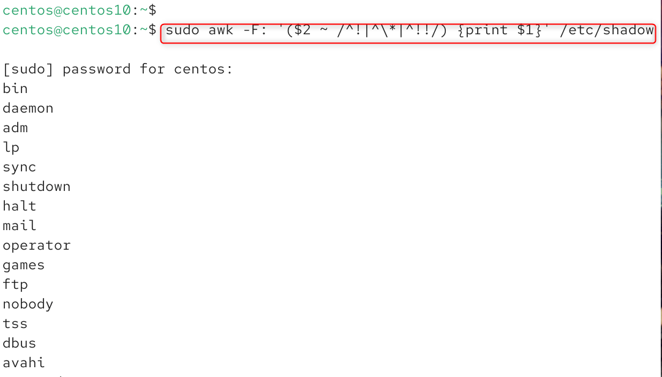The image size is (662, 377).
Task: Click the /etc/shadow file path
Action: click(x=607, y=30)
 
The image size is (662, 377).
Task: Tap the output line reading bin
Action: click(x=15, y=89)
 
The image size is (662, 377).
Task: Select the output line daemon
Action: click(x=28, y=108)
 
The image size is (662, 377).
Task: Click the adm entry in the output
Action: click(x=15, y=128)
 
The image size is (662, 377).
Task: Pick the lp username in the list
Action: click(x=11, y=147)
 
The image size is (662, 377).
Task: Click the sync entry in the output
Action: click(x=20, y=167)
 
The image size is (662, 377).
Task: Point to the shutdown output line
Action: click(x=37, y=187)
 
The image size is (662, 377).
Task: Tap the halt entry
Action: click(x=20, y=206)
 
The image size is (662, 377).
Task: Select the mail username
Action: click(x=20, y=226)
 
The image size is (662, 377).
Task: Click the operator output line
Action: click(x=37, y=245)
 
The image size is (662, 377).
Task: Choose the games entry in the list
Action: click(x=24, y=265)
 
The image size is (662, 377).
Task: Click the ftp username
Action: click(x=15, y=285)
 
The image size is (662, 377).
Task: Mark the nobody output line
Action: click(x=28, y=304)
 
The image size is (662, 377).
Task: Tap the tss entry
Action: click(x=15, y=324)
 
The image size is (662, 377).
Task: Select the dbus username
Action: click(x=20, y=343)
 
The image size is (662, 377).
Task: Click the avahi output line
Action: click(x=24, y=363)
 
